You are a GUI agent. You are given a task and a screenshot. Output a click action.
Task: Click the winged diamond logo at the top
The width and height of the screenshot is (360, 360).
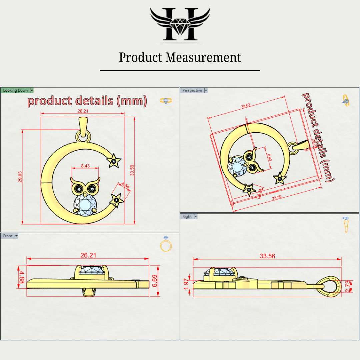pos(180,25)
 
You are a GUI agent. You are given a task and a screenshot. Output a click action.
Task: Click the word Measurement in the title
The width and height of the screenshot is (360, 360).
pos(203,57)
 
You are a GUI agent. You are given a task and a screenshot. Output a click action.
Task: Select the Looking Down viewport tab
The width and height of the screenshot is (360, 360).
pos(16,90)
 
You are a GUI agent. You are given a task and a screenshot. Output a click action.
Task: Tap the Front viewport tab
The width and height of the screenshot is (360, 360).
pos(8,236)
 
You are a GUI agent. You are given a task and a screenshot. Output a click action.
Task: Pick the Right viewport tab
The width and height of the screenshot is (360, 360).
pos(187,216)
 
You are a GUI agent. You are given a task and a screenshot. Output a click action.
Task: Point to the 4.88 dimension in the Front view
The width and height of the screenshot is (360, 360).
pos(22,277)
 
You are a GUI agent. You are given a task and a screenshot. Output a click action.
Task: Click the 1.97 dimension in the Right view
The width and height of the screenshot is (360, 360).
pos(186,284)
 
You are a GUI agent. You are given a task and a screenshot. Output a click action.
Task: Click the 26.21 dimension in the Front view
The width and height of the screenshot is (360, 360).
pos(88,255)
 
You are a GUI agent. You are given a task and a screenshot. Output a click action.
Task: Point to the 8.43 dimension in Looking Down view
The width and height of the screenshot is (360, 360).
pos(85,166)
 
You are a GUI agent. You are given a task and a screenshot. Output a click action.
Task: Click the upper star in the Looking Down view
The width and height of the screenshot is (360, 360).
pos(114,161)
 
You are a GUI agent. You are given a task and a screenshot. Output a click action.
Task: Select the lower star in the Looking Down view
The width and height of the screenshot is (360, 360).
pos(117,200)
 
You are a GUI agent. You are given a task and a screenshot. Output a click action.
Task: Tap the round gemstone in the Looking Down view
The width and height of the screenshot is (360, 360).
pos(85,204)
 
